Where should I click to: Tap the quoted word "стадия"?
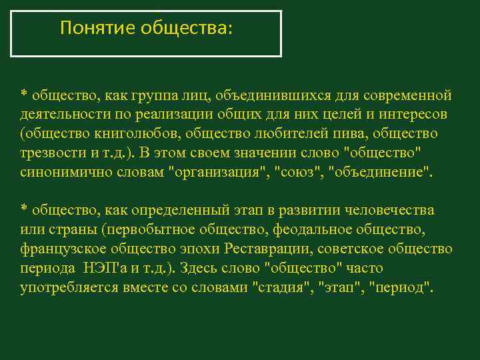click(x=280, y=288)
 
